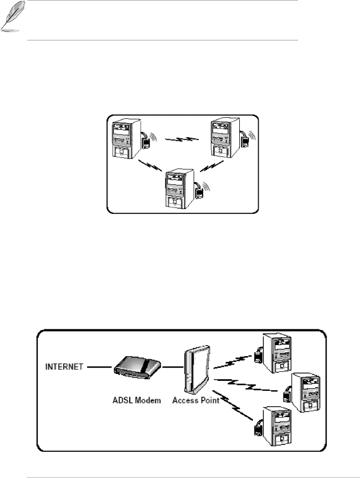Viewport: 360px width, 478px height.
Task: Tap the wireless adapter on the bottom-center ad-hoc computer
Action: click(199, 192)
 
